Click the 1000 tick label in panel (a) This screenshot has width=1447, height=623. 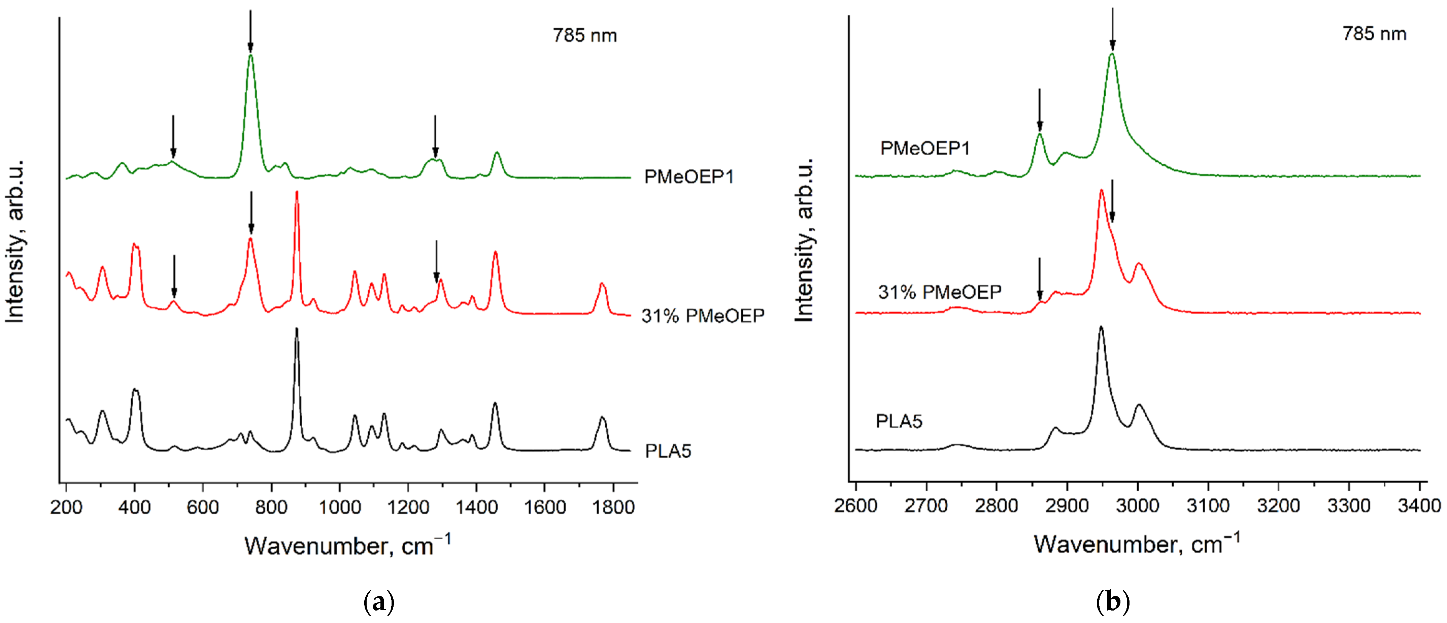coord(339,507)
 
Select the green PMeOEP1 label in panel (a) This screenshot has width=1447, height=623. coord(689,177)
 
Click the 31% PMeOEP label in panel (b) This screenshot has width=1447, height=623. coord(940,292)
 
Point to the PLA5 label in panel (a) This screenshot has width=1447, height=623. coord(668,451)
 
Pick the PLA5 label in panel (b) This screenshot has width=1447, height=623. coord(899,421)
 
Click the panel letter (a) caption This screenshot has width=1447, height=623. coord(379,602)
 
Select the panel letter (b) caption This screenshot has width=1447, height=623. coord(1112,602)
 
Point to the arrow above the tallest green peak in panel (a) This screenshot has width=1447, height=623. coord(250,31)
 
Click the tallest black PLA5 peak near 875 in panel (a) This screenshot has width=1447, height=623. coord(297,330)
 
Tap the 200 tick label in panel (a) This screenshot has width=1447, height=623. coord(66,507)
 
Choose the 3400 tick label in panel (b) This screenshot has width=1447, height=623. coord(1419,505)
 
